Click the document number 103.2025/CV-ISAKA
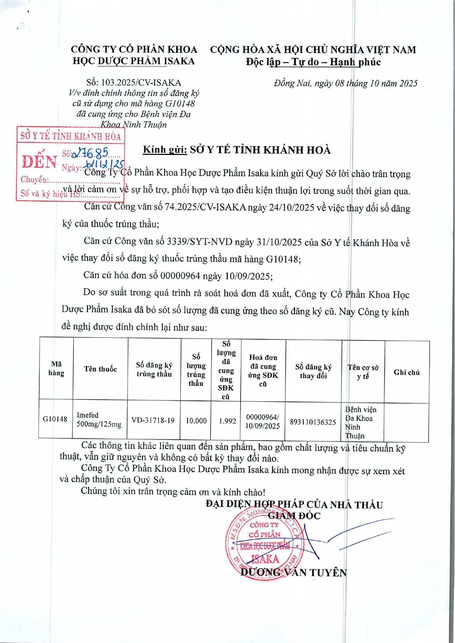(x=141, y=83)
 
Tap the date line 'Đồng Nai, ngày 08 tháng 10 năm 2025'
(x=345, y=84)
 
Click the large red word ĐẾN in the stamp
(x=39, y=162)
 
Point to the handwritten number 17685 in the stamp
(x=92, y=153)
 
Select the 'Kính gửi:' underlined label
(x=165, y=150)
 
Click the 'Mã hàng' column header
(x=56, y=369)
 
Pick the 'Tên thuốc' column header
(x=100, y=369)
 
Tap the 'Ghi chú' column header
(x=406, y=372)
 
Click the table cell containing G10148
(x=55, y=419)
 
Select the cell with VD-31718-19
(x=153, y=420)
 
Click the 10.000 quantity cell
(x=196, y=421)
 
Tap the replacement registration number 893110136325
(x=313, y=422)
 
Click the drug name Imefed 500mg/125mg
(x=99, y=420)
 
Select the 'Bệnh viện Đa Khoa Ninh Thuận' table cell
(x=361, y=422)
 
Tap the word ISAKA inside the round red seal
(x=265, y=559)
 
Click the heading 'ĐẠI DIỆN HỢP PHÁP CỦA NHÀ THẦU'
(x=294, y=505)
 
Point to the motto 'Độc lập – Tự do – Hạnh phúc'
(x=313, y=62)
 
